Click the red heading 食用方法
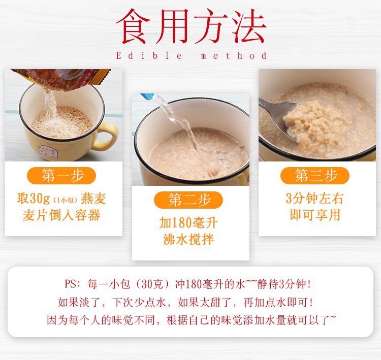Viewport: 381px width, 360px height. [191, 26]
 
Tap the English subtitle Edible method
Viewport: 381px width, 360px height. [191, 56]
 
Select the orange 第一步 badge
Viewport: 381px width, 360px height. [61, 175]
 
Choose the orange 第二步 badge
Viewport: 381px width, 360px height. [188, 200]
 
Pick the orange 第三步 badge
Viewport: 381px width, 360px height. [315, 175]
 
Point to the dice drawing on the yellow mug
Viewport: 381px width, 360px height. [48, 152]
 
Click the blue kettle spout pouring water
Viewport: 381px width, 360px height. [147, 96]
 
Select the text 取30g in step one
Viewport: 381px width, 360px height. [34, 199]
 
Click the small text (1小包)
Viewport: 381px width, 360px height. [66, 200]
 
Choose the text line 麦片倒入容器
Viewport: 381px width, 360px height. [61, 215]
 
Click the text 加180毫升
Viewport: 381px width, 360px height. [188, 223]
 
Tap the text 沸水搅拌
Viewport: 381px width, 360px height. [188, 240]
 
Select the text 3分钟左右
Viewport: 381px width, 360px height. [315, 199]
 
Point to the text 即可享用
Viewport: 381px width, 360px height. [315, 215]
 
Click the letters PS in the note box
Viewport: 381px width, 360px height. [71, 284]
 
